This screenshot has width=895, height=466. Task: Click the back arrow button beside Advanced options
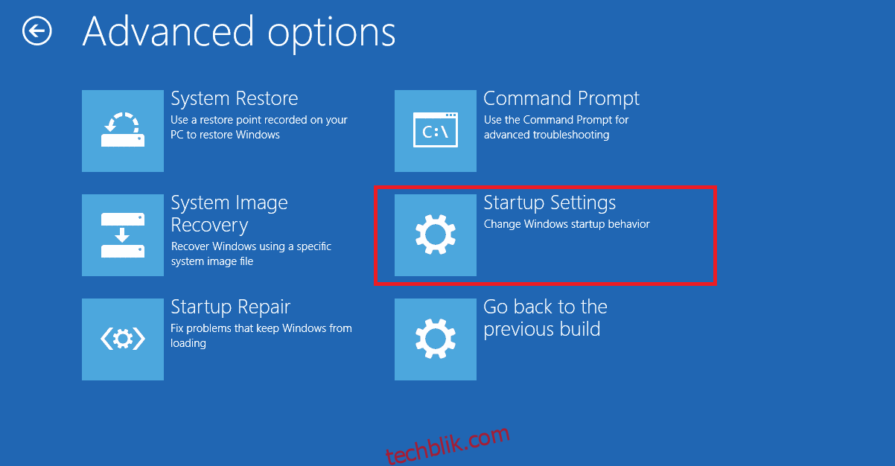point(36,31)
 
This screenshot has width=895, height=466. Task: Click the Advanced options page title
point(239,33)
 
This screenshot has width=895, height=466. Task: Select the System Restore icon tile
point(123,130)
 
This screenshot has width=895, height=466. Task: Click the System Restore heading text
point(234,98)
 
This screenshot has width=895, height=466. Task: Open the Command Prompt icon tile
point(436,130)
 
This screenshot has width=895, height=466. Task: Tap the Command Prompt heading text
point(561,98)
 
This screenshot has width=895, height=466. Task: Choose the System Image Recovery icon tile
point(123,234)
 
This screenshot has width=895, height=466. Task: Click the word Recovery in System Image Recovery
point(209,226)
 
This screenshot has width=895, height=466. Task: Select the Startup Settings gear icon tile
point(436,234)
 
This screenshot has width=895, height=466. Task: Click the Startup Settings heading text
point(550,203)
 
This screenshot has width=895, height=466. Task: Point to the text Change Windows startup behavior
point(567,224)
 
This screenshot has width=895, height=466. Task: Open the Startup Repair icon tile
point(123,339)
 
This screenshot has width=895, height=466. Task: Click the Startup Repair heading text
point(231,307)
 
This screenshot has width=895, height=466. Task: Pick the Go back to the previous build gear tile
point(436,339)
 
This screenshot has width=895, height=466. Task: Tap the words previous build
point(542,329)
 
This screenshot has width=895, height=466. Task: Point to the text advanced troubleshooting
point(547,135)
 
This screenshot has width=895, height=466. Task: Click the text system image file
point(212,261)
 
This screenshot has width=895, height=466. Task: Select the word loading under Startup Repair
point(188,343)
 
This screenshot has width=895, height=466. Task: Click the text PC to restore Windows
point(225,135)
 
